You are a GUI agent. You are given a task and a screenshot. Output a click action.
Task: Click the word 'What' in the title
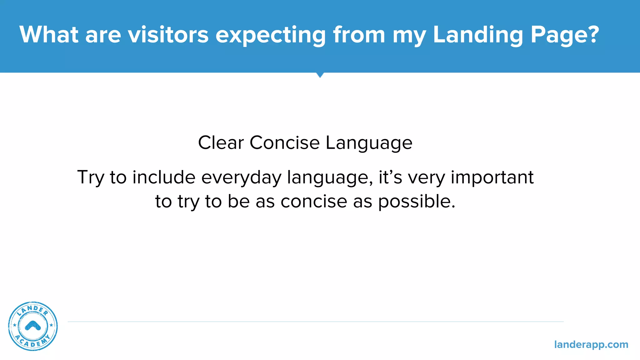[x=49, y=34]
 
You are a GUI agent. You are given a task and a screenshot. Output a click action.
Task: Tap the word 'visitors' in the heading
[x=168, y=34]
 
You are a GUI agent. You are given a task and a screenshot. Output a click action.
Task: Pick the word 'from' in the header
[x=359, y=34]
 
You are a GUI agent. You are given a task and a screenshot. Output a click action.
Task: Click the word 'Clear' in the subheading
[x=221, y=143]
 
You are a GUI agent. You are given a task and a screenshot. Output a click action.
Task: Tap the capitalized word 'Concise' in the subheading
[x=284, y=143]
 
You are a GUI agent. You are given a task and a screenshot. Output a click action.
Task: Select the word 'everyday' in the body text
[x=241, y=178]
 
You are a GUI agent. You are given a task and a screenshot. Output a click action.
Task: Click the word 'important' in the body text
[x=492, y=177]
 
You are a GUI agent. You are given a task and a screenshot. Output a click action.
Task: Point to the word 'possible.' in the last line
[x=417, y=202]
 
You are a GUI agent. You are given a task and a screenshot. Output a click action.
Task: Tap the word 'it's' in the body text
[x=390, y=177]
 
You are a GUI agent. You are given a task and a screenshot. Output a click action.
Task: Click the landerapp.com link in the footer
[x=591, y=345]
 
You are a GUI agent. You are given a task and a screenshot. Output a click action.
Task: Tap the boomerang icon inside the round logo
[x=33, y=326]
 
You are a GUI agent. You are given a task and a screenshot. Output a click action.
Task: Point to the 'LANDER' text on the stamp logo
[x=32, y=310]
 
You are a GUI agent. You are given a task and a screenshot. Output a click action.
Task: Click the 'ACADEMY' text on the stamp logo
[x=32, y=342]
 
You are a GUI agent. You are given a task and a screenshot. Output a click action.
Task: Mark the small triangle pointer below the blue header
[x=320, y=75]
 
